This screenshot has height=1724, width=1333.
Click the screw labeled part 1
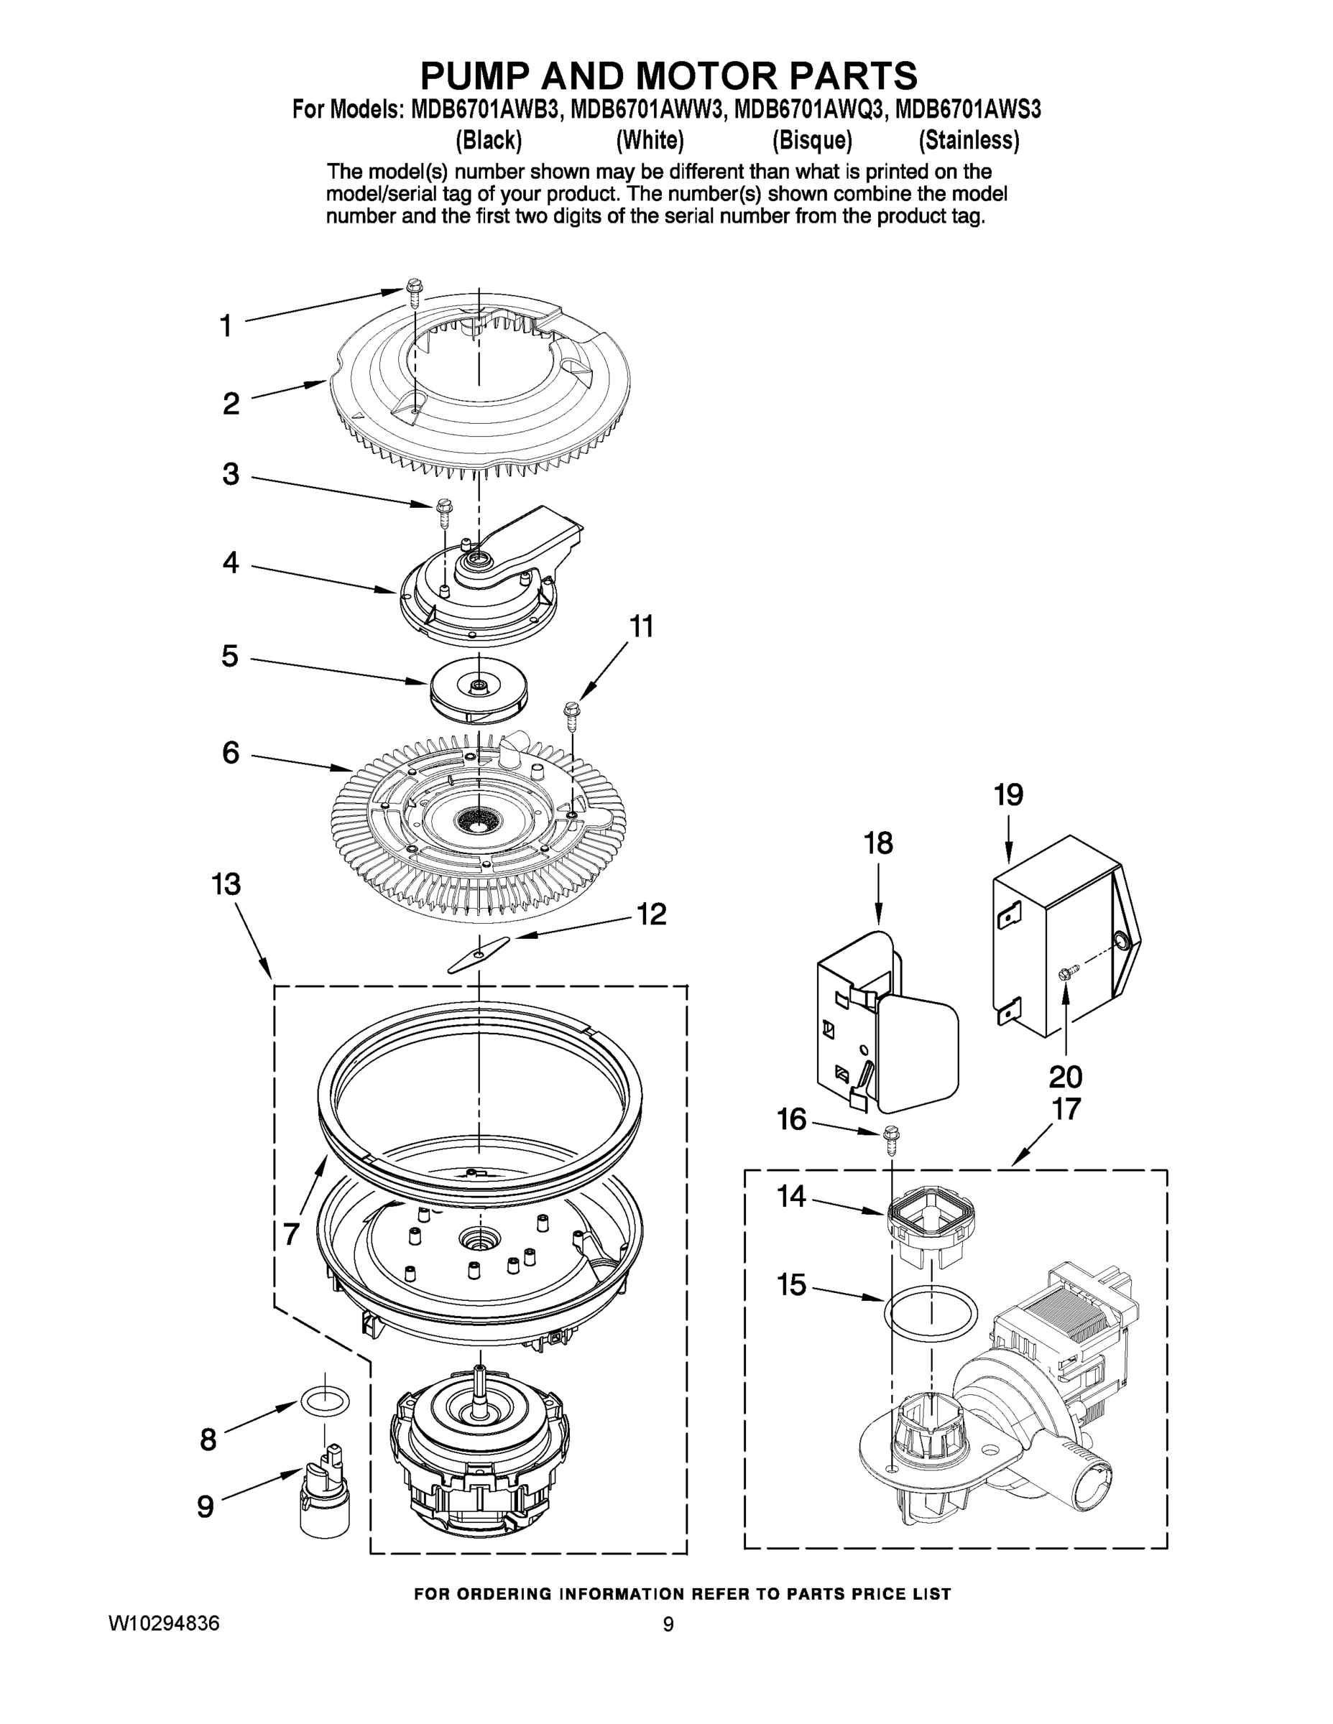pyautogui.click(x=413, y=291)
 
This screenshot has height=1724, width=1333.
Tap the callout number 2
pyautogui.click(x=231, y=404)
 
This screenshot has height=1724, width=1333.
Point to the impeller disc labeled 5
pyautogui.click(x=479, y=689)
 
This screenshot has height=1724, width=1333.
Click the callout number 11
pyautogui.click(x=641, y=627)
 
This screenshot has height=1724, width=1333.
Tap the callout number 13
pyautogui.click(x=226, y=884)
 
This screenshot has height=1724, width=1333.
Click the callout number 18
pyautogui.click(x=878, y=843)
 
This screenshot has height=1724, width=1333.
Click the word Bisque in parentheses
pyautogui.click(x=812, y=141)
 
